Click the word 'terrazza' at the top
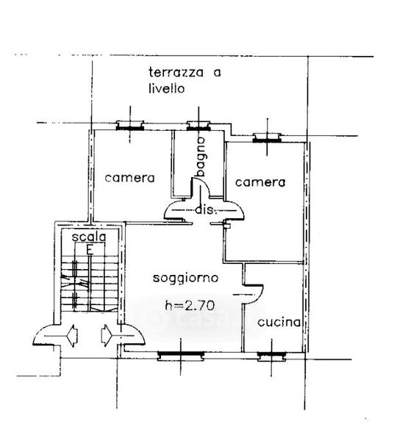coord(176,72)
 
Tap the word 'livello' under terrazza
coord(166,88)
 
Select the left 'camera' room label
coord(129,178)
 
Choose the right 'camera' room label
coord(260,182)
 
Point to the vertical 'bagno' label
coord(201,157)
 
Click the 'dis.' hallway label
coord(207,209)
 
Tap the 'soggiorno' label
coord(186,278)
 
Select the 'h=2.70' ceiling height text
coord(190,305)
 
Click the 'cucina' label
coord(279,322)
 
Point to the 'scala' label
coord(89,237)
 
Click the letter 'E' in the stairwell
coord(90,250)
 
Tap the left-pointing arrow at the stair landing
coord(72,336)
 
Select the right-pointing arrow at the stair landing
coord(107,336)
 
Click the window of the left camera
coord(130,126)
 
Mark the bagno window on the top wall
coord(198,126)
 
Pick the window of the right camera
coord(267,137)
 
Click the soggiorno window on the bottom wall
coord(181,356)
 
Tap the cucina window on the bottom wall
coord(272,356)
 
